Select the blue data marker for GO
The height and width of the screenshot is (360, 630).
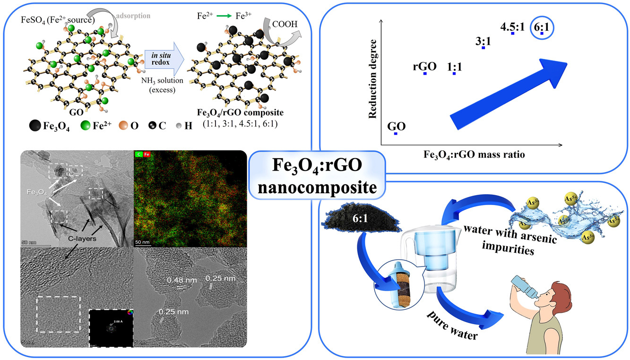click(396, 134)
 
